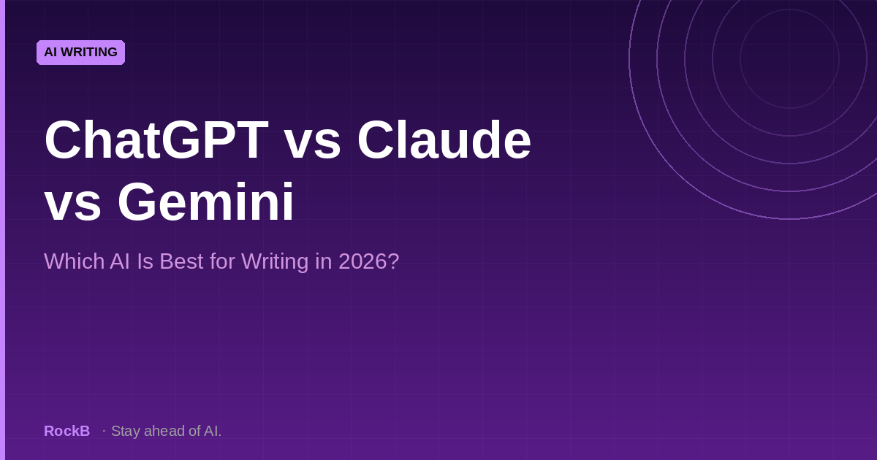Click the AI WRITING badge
[80, 53]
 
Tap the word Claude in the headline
[444, 140]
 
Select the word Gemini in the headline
[205, 202]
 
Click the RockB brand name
[67, 431]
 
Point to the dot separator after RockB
[104, 431]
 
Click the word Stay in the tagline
[125, 431]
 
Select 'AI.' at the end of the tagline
[213, 431]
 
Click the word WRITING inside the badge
[90, 53]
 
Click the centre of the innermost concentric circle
[789, 58]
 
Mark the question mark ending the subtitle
[394, 261]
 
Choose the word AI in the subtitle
[120, 261]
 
